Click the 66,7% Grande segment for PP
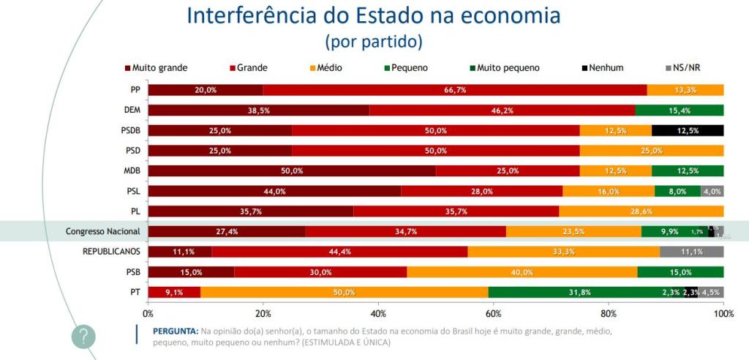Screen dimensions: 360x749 [455, 90]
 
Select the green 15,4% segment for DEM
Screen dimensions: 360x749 [679, 110]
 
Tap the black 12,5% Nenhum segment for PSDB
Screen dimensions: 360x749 [687, 130]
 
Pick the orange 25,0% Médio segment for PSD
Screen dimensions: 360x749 [652, 151]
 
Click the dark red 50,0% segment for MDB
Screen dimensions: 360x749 [292, 170]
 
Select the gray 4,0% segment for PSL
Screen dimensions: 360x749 [712, 191]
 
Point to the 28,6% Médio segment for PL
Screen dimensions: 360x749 [641, 211]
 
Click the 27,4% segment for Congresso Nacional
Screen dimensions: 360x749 [227, 231]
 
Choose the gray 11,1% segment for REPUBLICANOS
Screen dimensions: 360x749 [691, 252]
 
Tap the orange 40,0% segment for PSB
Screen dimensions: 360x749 [522, 272]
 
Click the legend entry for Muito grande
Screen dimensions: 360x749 [156, 68]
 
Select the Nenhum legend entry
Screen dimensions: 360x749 [603, 68]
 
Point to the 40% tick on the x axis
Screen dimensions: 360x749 [378, 313]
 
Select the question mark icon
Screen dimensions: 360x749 [83, 337]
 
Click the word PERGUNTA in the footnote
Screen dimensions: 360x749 [176, 331]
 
